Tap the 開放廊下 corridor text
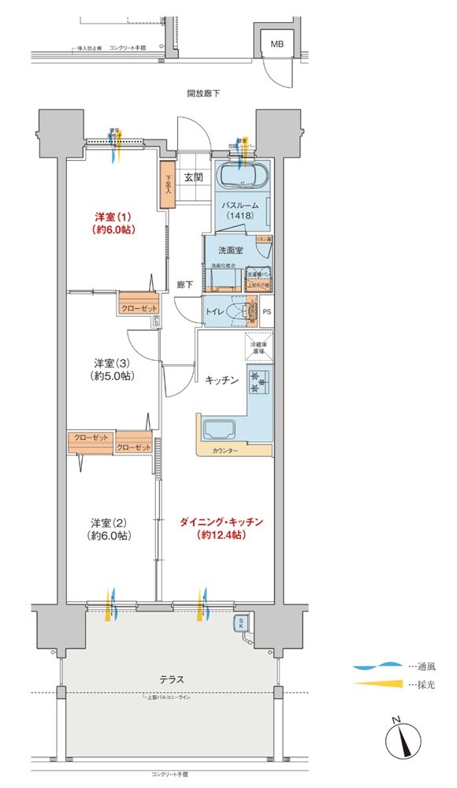point(203,93)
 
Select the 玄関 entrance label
point(195,177)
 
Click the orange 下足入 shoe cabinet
point(167,184)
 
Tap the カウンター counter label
point(225,452)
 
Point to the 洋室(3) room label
point(113,370)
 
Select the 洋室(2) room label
point(110,529)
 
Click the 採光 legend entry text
point(422,684)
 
